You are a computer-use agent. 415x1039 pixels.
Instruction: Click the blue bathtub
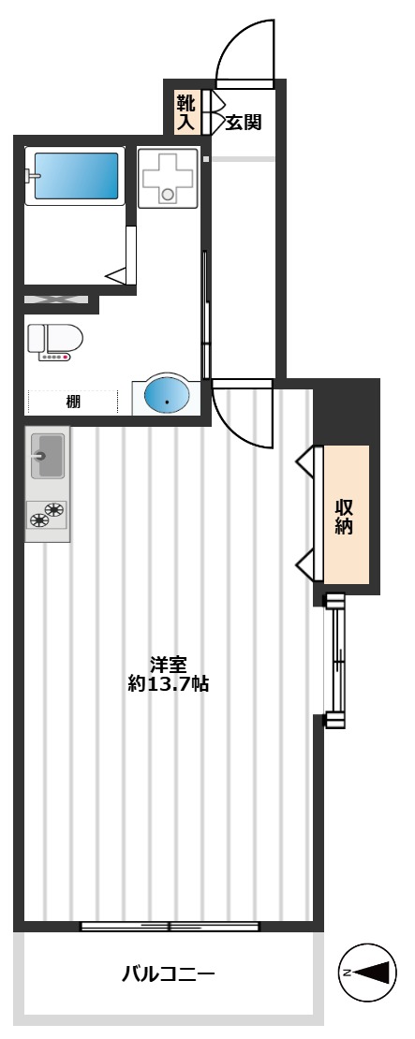[x=76, y=176]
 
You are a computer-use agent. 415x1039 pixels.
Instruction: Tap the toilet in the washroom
[x=55, y=339]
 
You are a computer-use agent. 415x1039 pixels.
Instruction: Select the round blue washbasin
[x=167, y=396]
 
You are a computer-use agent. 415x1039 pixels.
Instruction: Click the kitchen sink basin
[x=48, y=456]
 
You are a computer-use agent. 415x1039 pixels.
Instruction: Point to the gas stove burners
[x=48, y=515]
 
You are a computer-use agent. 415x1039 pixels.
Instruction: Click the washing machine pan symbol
[x=168, y=178]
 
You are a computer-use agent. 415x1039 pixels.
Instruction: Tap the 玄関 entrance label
[x=244, y=122]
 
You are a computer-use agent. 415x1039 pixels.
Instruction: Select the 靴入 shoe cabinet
[x=187, y=112]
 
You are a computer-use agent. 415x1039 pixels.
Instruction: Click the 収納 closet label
[x=344, y=517]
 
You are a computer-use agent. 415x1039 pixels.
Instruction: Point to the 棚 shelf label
[x=73, y=402]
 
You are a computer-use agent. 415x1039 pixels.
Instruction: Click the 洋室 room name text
[x=168, y=664]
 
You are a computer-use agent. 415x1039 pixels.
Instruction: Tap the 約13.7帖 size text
[x=169, y=684]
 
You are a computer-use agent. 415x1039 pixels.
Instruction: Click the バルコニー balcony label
[x=169, y=974]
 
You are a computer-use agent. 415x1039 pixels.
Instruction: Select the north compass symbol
[x=367, y=973]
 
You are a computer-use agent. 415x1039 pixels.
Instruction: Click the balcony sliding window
[x=170, y=927]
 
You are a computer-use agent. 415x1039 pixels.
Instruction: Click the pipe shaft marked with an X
[x=56, y=300]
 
